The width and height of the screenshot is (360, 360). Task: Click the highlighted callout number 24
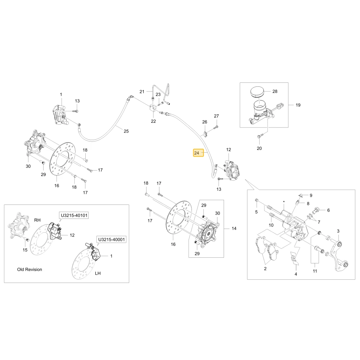point(197,153)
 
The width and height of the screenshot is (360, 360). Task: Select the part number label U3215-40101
point(74,215)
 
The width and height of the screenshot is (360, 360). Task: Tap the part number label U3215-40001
point(112,239)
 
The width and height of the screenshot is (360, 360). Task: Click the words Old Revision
point(30,270)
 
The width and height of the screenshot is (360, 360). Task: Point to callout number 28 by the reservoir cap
point(275,91)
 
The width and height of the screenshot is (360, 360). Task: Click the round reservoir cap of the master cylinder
point(257,92)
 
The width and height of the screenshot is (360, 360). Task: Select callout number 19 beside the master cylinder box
point(298,105)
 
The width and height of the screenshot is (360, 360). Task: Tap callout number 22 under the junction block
point(153,121)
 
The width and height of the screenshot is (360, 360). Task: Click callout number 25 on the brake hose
point(126,131)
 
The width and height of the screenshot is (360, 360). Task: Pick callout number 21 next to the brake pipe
point(142,91)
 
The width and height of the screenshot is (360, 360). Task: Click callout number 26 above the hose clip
point(204,122)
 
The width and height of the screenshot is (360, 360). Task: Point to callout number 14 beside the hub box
point(234,229)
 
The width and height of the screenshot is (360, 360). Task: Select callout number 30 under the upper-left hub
point(28,166)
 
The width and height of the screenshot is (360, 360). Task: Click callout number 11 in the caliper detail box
point(315,271)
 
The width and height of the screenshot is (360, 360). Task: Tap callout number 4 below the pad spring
point(296,274)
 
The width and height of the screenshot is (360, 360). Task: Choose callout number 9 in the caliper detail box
point(311,195)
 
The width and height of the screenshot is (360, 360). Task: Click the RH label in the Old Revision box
point(37,220)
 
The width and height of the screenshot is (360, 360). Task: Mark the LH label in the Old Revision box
point(98,273)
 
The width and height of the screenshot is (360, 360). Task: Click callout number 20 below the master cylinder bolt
point(259,148)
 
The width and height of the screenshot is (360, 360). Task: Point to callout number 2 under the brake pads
point(265,269)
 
